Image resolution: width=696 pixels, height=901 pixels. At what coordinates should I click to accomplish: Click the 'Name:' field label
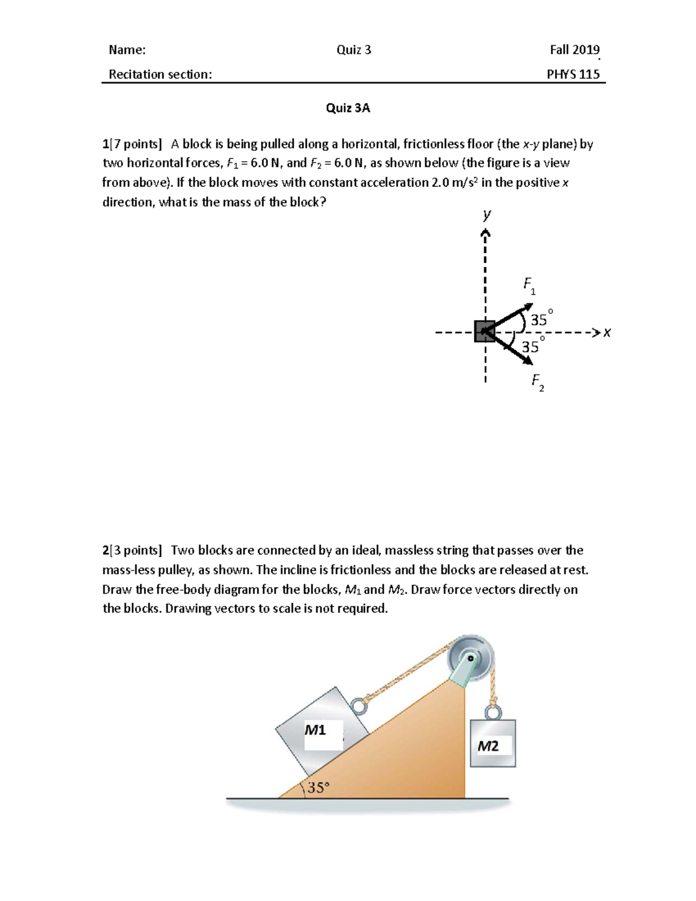click(127, 50)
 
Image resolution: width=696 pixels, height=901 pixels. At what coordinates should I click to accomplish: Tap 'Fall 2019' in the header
click(574, 50)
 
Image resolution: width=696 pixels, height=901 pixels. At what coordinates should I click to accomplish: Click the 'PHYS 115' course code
click(573, 74)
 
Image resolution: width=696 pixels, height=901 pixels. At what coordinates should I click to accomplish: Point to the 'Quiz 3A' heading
click(348, 108)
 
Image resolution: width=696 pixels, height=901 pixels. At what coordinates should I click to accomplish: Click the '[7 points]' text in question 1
click(136, 144)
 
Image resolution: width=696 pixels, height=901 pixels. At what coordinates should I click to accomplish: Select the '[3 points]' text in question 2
click(136, 550)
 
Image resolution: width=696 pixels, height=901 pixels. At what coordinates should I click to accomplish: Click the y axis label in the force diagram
click(487, 214)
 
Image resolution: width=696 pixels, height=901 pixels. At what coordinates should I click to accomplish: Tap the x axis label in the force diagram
click(607, 332)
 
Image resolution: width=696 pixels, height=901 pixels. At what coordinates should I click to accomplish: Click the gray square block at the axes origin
click(484, 331)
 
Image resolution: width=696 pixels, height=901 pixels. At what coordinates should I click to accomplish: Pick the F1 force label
click(530, 285)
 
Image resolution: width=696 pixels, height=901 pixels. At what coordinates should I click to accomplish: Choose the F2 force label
click(538, 382)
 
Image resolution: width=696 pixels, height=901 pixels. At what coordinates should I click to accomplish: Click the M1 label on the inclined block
click(315, 730)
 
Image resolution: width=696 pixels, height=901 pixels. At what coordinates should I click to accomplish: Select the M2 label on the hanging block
click(488, 746)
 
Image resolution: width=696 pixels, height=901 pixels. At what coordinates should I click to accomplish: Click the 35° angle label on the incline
click(318, 787)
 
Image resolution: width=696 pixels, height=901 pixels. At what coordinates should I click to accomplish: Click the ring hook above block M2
click(492, 711)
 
